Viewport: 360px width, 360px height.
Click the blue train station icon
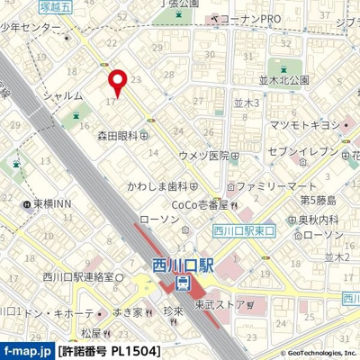(x=184, y=284)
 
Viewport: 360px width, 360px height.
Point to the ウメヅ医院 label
(x=204, y=156)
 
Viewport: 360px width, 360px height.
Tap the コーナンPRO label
(x=250, y=18)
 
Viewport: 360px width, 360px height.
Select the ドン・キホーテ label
(x=58, y=313)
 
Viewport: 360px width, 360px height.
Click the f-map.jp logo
(x=27, y=350)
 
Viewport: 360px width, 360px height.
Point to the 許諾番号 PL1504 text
(x=109, y=350)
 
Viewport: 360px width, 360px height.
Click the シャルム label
(x=64, y=94)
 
